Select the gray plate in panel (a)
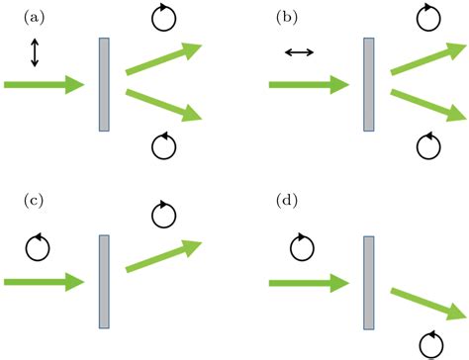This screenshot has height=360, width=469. [104, 84]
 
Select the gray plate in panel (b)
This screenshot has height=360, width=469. [368, 84]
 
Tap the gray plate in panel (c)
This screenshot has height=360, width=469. [104, 281]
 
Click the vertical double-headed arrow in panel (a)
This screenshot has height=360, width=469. [35, 51]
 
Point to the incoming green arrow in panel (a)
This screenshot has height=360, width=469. [45, 85]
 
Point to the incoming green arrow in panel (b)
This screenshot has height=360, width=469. [309, 85]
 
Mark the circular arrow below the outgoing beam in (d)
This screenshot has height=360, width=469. [430, 344]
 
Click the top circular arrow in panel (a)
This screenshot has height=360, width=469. [163, 17]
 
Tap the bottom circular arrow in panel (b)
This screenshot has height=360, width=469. [428, 146]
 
